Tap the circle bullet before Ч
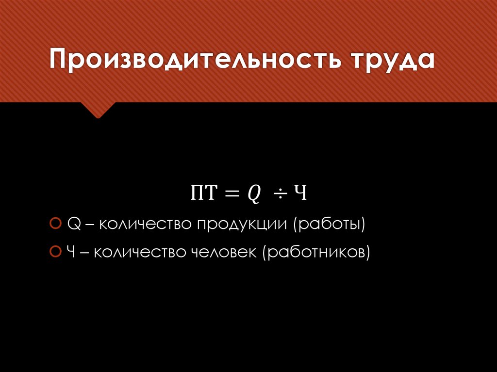tap(55, 252)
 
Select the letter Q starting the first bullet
tap(73, 225)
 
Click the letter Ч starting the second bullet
tap(71, 253)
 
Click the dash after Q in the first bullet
tap(88, 226)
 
